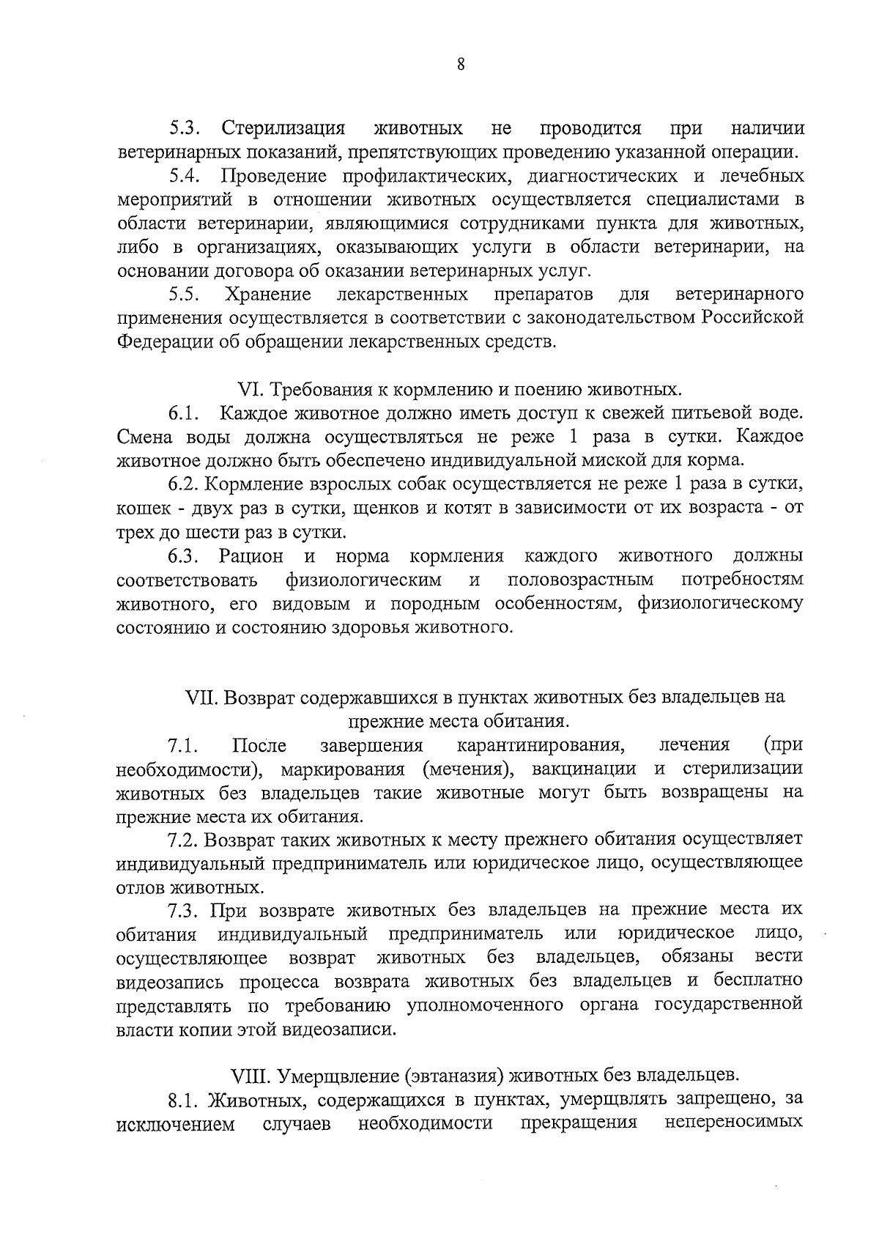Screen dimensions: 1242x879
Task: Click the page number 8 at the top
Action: tap(460, 64)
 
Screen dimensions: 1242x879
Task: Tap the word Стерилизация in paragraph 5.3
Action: tap(283, 129)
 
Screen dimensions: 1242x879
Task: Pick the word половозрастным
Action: tap(580, 580)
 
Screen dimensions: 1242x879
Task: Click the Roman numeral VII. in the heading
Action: tap(203, 697)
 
